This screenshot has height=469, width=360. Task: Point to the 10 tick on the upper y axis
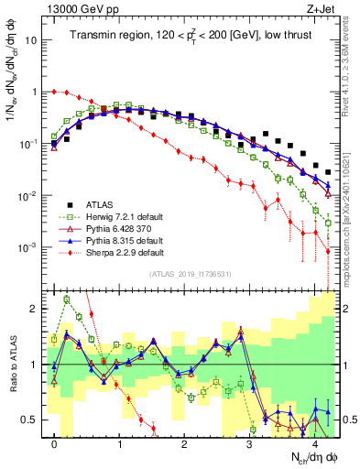coord(30,41)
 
